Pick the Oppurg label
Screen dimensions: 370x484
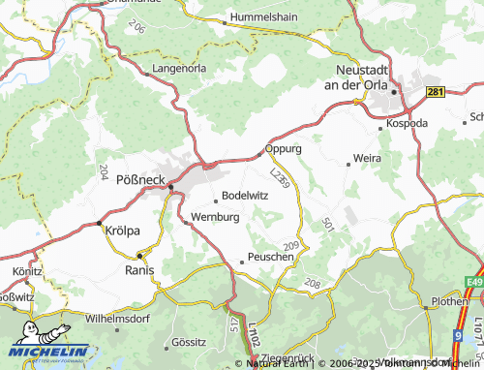285,149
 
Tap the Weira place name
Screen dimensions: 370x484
367,157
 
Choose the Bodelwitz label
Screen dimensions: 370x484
244,194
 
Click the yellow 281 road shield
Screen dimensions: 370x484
436,91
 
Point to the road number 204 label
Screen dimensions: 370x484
104,170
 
